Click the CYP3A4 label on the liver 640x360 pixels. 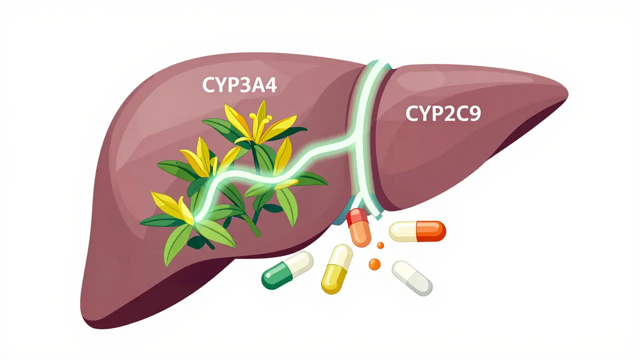239,85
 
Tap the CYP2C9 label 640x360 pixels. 443,113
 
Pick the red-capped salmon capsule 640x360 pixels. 359,227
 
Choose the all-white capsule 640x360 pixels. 412,277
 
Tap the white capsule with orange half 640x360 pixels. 417,231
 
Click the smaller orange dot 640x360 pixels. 380,245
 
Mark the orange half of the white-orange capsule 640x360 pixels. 431,231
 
